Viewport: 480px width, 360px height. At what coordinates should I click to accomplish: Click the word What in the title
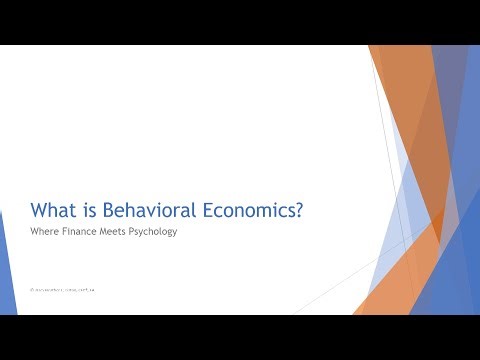pyautogui.click(x=54, y=210)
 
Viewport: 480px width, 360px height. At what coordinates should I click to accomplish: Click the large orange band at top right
pyautogui.click(x=405, y=100)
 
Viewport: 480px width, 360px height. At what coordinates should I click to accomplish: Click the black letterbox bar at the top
pyautogui.click(x=240, y=22)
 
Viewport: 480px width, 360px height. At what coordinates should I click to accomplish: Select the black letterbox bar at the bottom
pyautogui.click(x=240, y=337)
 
